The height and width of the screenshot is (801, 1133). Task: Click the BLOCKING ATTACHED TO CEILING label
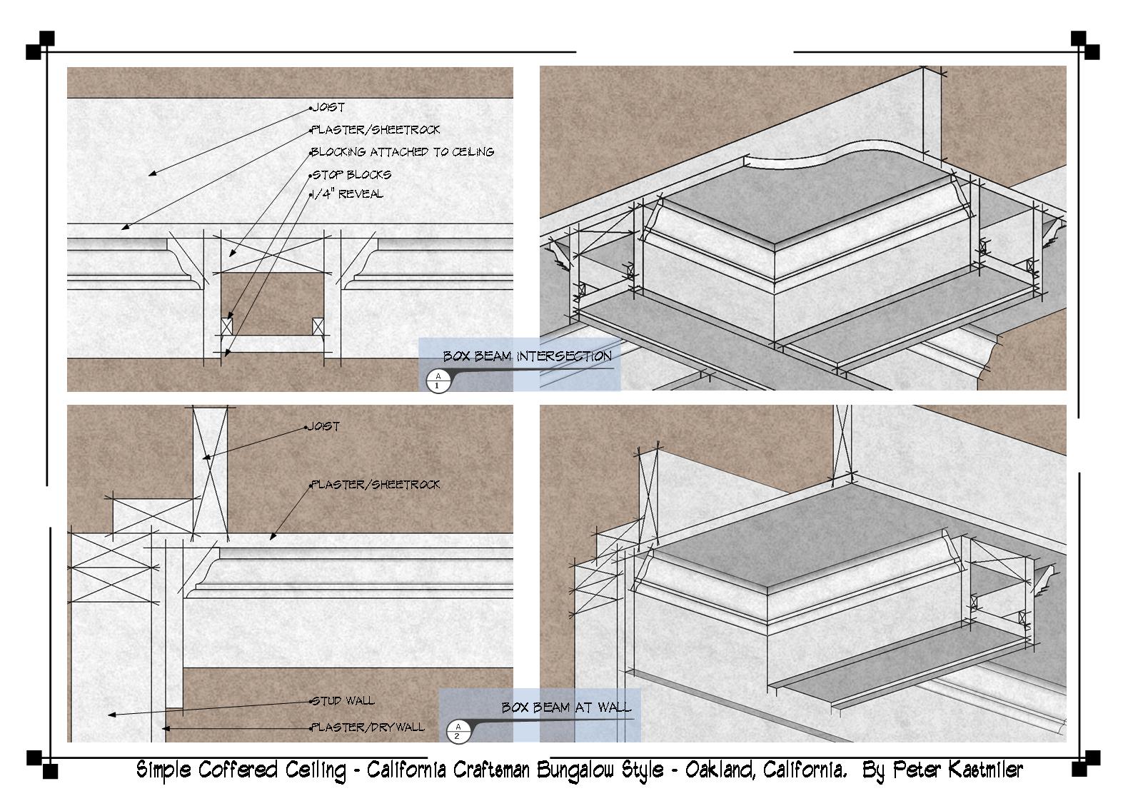(x=403, y=151)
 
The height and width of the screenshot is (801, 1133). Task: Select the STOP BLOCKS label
(x=352, y=174)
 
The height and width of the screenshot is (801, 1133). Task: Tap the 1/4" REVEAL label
(x=348, y=193)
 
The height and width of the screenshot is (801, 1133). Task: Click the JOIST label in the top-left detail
(x=328, y=107)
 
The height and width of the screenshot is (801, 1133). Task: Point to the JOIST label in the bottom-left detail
(x=324, y=426)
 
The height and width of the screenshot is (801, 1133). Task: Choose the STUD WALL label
(x=343, y=700)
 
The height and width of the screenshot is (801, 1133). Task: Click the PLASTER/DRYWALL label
(x=368, y=727)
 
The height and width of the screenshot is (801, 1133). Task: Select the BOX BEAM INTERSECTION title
(x=528, y=356)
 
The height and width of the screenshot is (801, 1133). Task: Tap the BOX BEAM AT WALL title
(x=567, y=707)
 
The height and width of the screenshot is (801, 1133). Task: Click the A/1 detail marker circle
(x=438, y=381)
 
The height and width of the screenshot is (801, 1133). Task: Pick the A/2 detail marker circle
(x=458, y=731)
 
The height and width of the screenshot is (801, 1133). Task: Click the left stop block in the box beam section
(x=226, y=326)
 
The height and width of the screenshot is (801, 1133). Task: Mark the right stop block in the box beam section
(x=318, y=326)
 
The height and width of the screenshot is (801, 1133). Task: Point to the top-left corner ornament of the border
(x=41, y=46)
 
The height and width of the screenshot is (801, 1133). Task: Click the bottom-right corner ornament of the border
(x=1086, y=764)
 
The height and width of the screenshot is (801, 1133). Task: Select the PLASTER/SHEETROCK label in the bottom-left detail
(x=376, y=485)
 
